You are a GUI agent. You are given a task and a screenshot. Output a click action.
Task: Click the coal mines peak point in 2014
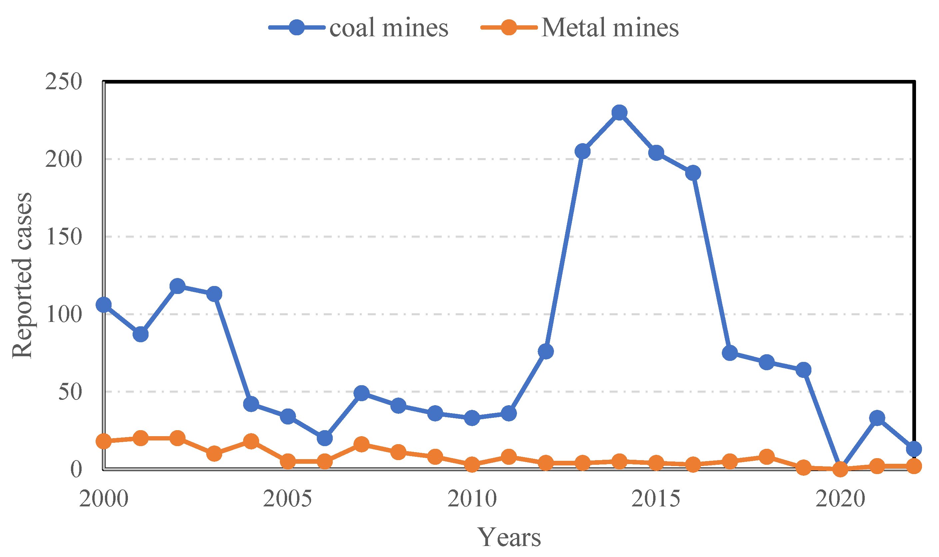(x=619, y=112)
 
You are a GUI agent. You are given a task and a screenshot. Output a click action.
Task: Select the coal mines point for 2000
(x=104, y=305)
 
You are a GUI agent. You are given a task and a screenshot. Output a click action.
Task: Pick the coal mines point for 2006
(x=325, y=438)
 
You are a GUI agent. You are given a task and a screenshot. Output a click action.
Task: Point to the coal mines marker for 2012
(x=546, y=352)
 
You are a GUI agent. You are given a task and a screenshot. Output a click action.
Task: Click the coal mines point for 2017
(x=729, y=353)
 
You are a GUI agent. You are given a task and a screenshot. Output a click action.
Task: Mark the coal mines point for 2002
(x=177, y=286)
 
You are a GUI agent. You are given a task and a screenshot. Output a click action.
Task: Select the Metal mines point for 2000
(x=104, y=441)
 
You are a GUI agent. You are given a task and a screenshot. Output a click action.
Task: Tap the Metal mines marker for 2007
(x=361, y=444)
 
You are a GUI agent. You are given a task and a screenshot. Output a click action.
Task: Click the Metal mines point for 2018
(x=766, y=457)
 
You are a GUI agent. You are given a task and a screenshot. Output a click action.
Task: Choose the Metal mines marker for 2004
(x=251, y=441)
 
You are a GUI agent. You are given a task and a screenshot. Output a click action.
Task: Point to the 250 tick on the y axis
(x=63, y=82)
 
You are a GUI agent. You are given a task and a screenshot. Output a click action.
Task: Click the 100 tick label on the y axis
(x=63, y=314)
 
